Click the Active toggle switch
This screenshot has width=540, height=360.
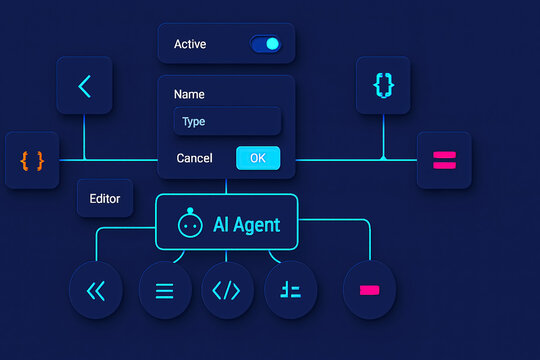click(x=266, y=44)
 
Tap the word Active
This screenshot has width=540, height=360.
click(x=190, y=44)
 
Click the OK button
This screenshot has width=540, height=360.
click(x=258, y=158)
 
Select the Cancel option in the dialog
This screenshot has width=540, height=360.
click(x=194, y=158)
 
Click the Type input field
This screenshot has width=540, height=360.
click(x=227, y=122)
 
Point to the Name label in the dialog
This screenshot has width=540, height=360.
click(x=189, y=94)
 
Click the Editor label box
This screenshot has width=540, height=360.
click(x=105, y=198)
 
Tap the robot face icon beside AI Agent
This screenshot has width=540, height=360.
click(x=189, y=225)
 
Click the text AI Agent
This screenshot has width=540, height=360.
click(x=246, y=225)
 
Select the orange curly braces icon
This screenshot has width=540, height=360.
click(x=31, y=159)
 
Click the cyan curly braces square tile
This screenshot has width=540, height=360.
click(x=383, y=86)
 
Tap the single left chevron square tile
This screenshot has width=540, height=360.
click(x=84, y=86)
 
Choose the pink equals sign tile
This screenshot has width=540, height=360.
click(x=443, y=159)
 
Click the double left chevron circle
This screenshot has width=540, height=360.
click(x=96, y=291)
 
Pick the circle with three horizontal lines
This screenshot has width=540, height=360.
click(x=165, y=291)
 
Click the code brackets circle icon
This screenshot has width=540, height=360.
click(x=227, y=291)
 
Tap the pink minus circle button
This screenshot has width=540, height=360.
click(x=369, y=290)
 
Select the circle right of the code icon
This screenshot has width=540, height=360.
click(x=291, y=291)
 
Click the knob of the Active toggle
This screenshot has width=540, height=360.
click(x=273, y=44)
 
